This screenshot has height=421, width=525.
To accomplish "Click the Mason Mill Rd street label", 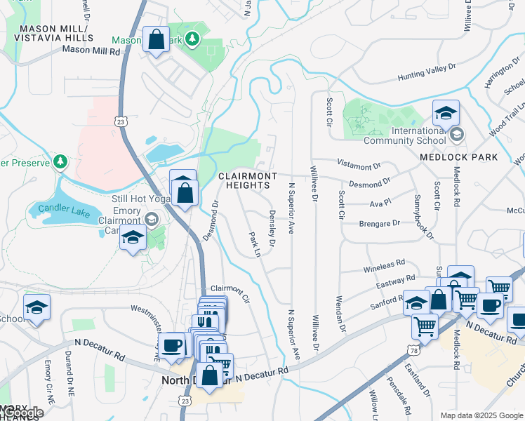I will pos(91,50).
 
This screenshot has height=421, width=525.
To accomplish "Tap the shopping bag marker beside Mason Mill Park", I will pos(156,41).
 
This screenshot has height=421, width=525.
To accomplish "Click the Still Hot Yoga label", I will pos(142,199).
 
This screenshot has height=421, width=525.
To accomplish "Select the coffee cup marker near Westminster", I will pos(171,346).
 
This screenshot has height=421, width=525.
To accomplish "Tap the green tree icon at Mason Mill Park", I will pos(194,38).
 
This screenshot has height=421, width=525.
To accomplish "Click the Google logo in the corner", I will pos(22,413).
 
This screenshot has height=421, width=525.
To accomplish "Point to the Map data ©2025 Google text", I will pos(481,415).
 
